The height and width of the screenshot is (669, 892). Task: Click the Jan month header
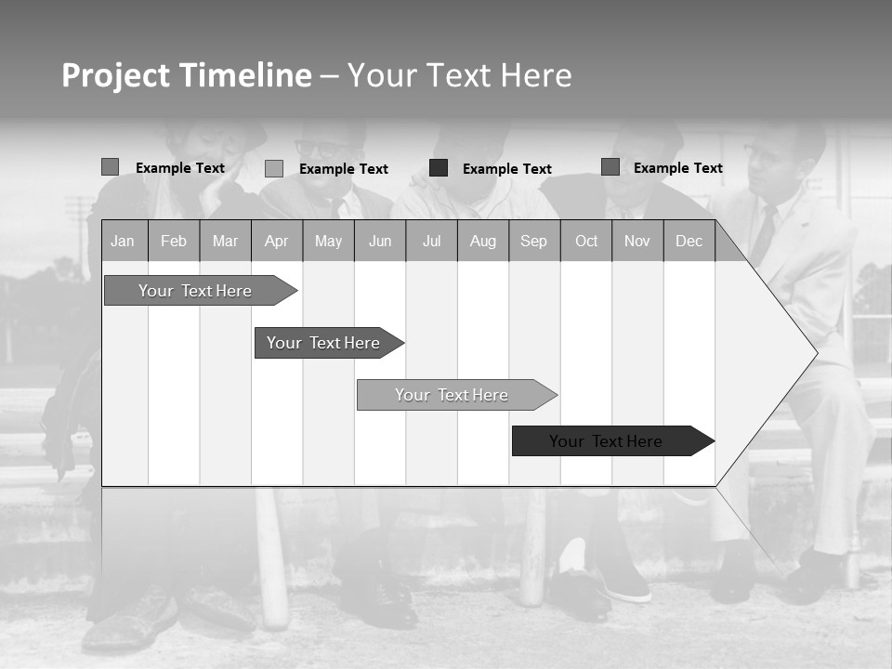(x=123, y=242)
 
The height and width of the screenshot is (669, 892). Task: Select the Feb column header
(x=174, y=242)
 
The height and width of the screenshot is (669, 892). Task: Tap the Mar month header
(x=225, y=242)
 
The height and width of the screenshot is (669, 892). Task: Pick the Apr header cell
(x=276, y=242)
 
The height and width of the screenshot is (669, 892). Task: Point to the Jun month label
(x=380, y=242)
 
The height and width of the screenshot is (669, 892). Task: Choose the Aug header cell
(x=483, y=242)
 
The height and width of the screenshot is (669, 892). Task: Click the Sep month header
(x=534, y=242)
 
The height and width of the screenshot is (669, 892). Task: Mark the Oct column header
(x=586, y=242)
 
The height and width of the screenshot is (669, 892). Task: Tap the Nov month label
(x=637, y=242)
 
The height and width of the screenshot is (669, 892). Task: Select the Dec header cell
(x=689, y=242)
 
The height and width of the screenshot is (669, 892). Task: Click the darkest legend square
(x=439, y=168)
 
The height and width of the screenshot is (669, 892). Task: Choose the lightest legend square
(x=274, y=168)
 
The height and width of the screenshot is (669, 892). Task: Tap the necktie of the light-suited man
(x=766, y=233)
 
